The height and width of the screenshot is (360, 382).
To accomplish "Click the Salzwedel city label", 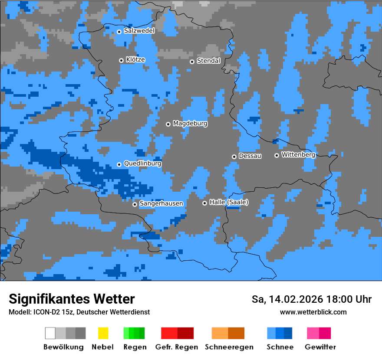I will [139, 31].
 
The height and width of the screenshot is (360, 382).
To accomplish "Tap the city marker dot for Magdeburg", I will [168, 124].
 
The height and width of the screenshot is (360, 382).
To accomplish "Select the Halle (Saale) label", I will [229, 202].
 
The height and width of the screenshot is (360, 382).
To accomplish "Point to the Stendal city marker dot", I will [192, 62].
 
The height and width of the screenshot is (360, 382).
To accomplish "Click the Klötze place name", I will [135, 59].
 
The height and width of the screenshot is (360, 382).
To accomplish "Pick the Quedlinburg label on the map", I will [142, 164].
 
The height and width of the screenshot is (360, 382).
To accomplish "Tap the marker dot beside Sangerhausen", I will [135, 204].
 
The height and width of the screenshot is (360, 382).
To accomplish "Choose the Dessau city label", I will [250, 156].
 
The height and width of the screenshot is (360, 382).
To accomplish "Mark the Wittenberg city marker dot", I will [277, 155].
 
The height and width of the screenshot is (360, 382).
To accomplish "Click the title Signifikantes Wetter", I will [72, 299].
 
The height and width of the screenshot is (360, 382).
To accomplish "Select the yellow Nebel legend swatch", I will [103, 333].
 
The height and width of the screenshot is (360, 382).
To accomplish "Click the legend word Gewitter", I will [320, 347].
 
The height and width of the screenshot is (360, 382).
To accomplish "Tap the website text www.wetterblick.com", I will [313, 312].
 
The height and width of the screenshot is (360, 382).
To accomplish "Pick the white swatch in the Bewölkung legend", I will [50, 333].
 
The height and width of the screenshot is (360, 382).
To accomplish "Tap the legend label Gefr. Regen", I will [176, 347].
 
